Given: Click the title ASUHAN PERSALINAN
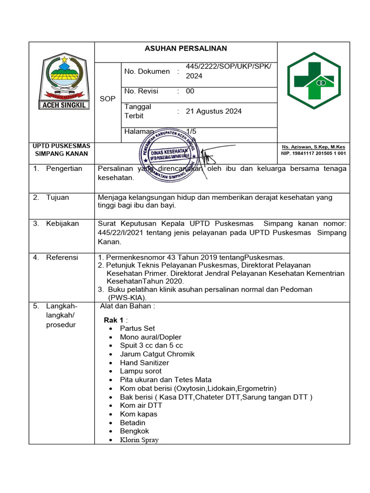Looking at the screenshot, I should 186,49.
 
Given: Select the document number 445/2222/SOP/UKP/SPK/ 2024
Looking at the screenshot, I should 228,71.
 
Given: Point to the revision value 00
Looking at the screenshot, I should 190,91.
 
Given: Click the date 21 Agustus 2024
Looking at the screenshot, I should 213,111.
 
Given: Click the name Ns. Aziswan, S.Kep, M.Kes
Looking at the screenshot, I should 313,147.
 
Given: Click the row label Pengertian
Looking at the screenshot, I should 64,169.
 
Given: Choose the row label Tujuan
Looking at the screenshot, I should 57,197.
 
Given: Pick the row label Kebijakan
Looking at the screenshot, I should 62,223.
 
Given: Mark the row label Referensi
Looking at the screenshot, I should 62,257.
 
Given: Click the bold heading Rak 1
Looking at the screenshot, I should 115,320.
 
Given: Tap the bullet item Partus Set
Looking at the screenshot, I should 137,328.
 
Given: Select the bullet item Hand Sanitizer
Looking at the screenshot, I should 145,363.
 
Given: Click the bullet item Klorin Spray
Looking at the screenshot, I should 139,440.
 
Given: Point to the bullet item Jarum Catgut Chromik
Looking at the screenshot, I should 157,354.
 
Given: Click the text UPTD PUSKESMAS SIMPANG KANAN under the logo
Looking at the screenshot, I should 61,150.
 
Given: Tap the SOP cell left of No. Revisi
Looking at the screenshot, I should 107,99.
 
